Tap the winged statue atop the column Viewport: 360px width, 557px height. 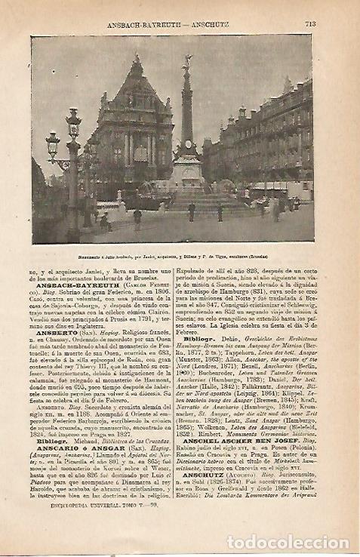click(186, 62)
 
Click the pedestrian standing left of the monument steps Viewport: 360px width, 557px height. click(137, 218)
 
